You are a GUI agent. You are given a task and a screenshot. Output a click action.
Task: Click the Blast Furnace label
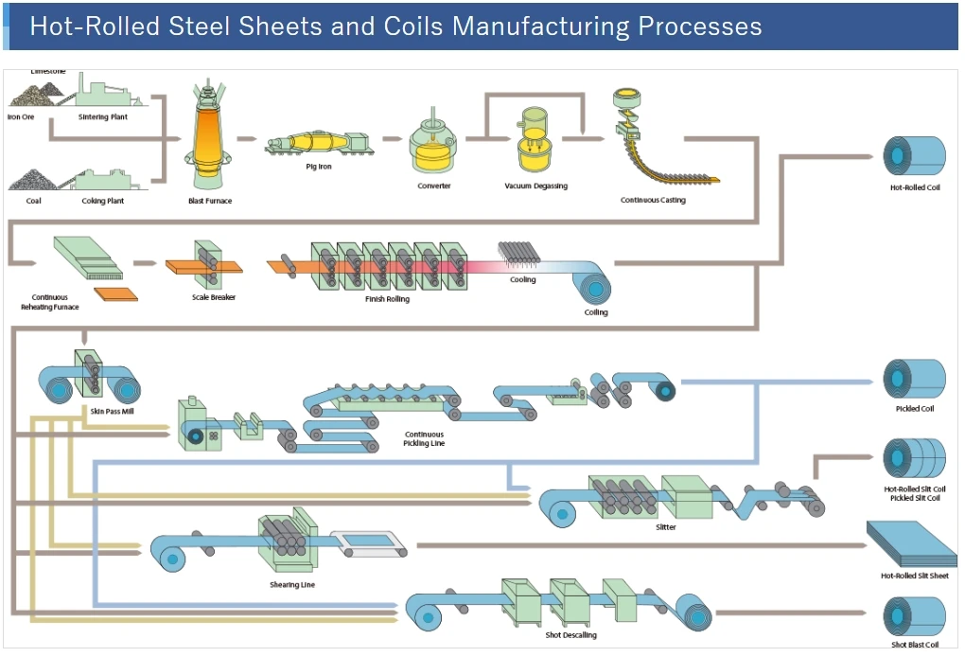210,201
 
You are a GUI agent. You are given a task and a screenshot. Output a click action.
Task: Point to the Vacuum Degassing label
536,186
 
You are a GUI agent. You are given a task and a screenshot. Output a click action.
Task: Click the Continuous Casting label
653,201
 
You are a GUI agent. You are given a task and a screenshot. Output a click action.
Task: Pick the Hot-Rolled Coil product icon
914,156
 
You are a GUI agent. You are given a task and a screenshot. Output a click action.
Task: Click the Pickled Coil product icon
914,379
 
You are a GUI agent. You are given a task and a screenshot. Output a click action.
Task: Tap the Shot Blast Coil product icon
914,616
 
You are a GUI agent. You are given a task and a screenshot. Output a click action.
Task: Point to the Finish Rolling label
388,299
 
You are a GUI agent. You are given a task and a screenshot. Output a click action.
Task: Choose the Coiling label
596,312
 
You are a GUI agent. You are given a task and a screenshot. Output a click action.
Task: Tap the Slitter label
665,527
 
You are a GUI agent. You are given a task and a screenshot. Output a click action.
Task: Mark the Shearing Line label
293,585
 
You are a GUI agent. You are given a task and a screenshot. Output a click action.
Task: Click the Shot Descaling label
570,635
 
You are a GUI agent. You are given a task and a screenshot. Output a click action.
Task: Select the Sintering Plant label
104,117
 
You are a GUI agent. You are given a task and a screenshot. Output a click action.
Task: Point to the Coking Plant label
103,201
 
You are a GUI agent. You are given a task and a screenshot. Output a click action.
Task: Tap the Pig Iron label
319,167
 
